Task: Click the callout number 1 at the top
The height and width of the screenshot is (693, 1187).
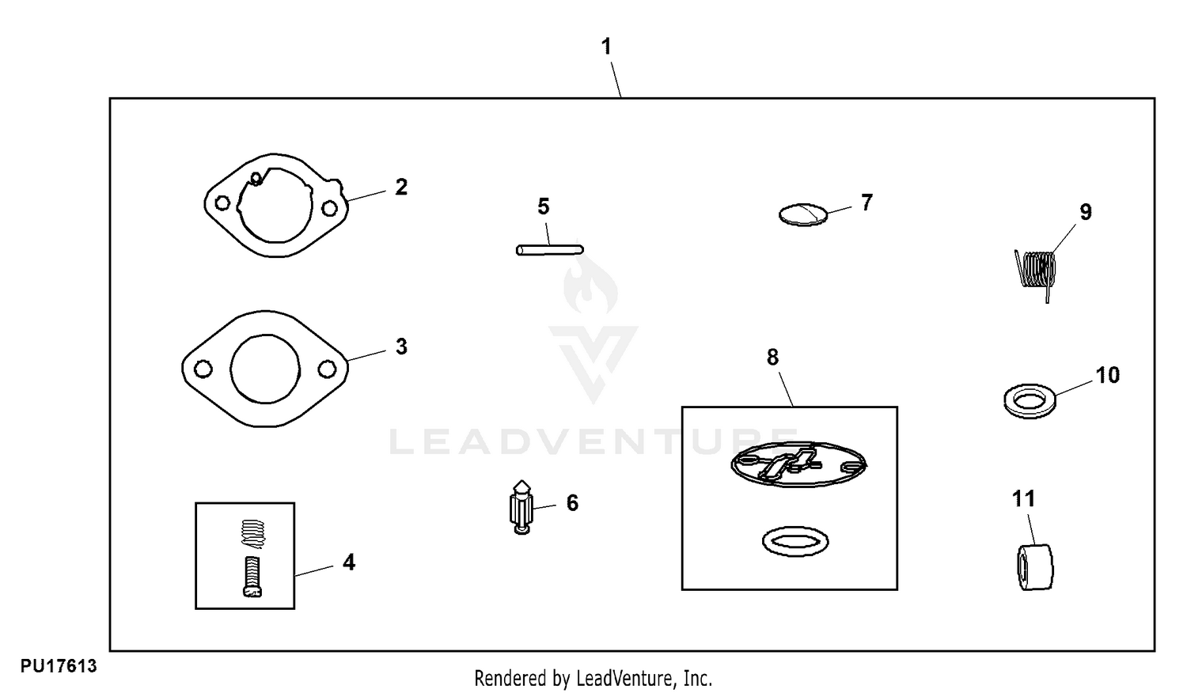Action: [606, 47]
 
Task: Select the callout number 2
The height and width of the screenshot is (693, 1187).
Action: [401, 187]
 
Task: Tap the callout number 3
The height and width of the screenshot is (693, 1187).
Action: [401, 346]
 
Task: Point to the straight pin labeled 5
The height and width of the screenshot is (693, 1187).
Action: [549, 250]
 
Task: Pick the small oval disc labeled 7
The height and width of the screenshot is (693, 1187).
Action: [802, 214]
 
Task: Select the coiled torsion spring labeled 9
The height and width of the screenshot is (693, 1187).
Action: [1036, 271]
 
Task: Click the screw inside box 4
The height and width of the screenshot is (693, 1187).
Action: [251, 577]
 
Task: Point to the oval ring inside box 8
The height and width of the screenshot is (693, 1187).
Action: [795, 542]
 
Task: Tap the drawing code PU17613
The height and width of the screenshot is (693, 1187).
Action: [59, 667]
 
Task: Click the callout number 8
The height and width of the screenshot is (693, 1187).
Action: [772, 358]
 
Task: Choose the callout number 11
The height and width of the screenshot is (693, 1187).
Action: [1023, 499]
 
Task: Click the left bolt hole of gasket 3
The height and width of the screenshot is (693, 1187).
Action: [203, 369]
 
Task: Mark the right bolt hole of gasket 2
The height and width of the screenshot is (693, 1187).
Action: [329, 208]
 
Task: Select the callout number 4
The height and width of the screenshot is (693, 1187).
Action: [349, 562]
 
